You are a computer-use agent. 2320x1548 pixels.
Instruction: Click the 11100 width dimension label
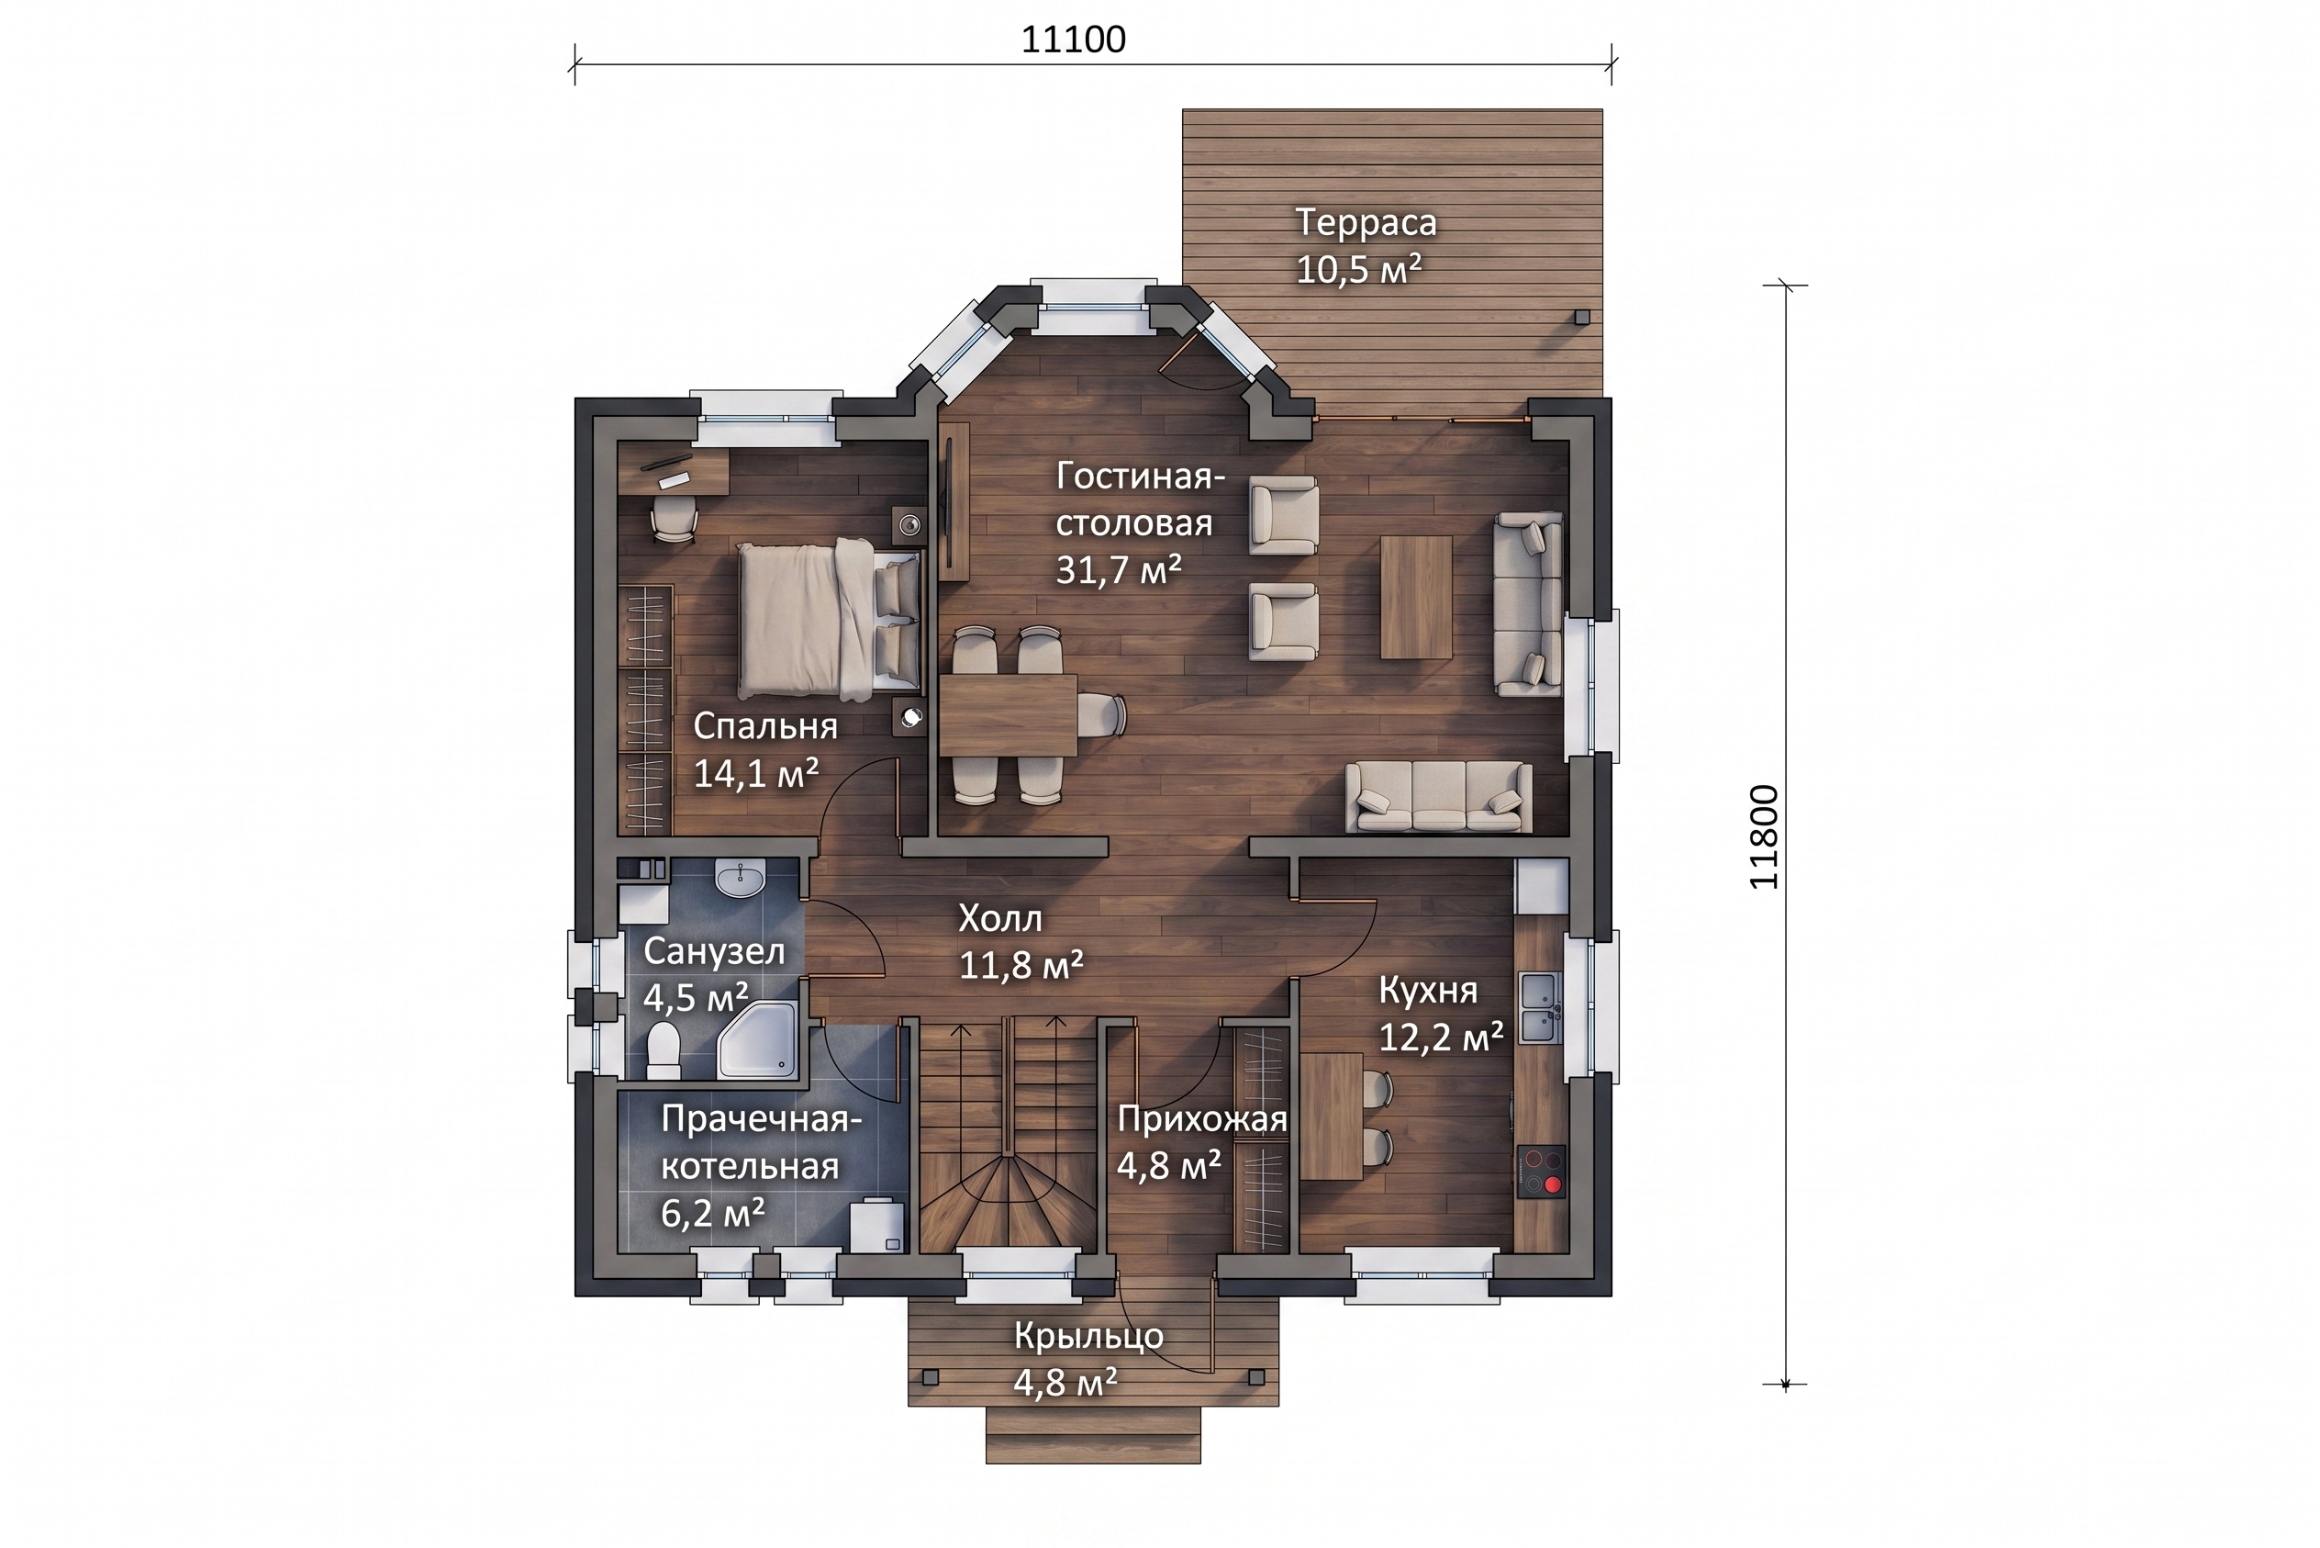[1073, 39]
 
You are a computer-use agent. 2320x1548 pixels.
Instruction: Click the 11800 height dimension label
[1764, 837]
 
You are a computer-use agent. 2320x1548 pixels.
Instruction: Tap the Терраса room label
[1365, 222]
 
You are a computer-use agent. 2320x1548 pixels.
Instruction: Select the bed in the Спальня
[829, 618]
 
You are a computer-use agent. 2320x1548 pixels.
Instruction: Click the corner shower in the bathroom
[757, 1038]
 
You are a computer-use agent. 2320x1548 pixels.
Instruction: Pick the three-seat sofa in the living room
[1440, 797]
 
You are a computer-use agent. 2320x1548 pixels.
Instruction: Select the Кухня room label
[1428, 989]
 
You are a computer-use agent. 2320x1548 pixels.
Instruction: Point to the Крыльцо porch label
[1088, 1337]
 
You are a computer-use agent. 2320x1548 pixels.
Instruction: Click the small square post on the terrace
[1582, 317]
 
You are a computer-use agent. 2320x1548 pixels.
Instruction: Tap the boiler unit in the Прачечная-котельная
[877, 1225]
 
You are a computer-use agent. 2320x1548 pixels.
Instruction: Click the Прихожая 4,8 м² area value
[1168, 1166]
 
